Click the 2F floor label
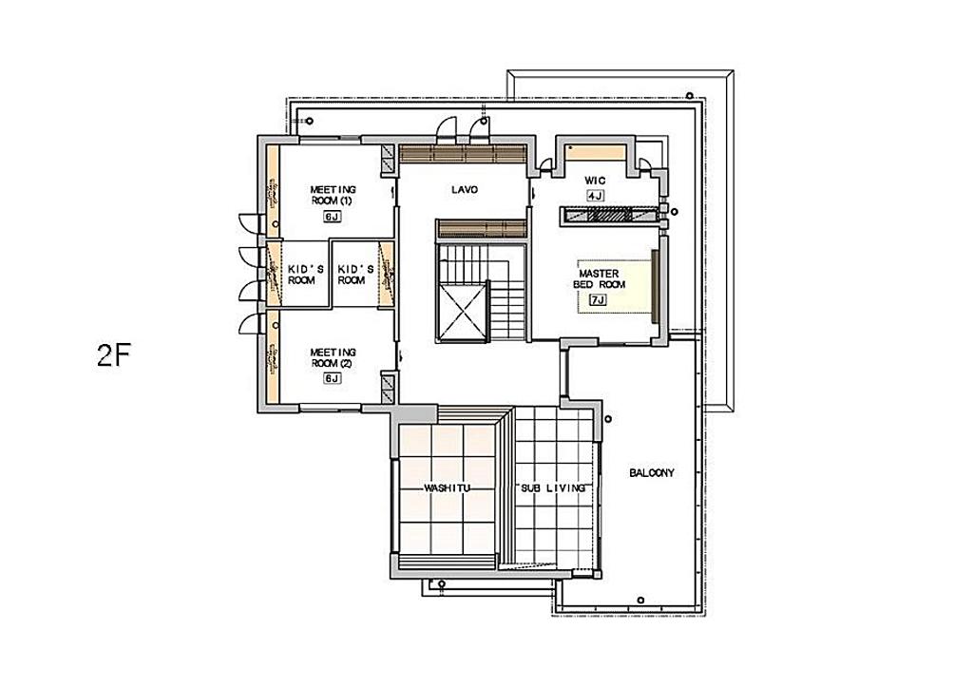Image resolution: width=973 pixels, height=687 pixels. tap(112, 354)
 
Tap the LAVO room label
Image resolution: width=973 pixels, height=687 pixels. tap(465, 189)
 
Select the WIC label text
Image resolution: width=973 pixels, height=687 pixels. tap(595, 181)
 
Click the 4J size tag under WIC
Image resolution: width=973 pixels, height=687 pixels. tap(595, 196)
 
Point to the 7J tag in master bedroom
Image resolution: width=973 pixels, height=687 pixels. tap(598, 300)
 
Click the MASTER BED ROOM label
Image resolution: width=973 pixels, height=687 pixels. tap(599, 278)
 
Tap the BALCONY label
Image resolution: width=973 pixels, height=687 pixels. tap(652, 473)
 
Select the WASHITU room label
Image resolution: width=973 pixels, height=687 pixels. tap(447, 488)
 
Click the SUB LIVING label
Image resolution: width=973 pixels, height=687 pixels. tap(552, 488)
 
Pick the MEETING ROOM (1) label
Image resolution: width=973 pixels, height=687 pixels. tap(334, 195)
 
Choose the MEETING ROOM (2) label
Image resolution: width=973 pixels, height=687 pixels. tap(334, 358)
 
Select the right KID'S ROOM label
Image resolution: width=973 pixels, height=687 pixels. tap(355, 275)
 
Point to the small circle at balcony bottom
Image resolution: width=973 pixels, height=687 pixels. tap(640, 601)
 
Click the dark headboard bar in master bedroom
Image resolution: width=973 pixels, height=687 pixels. tap(654, 285)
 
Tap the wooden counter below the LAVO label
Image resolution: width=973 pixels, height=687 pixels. tap(482, 228)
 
